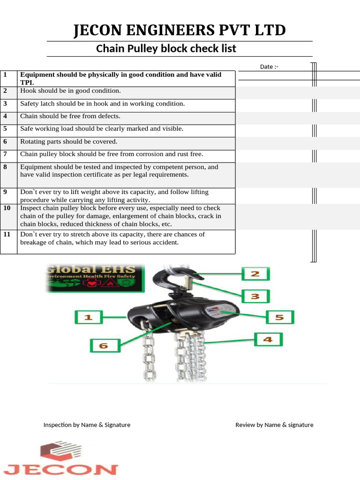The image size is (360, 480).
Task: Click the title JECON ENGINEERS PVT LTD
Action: coord(180,30)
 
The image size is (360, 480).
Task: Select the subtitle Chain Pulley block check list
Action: coord(166,48)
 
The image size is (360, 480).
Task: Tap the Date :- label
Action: coord(269,67)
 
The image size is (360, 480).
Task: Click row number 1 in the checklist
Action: coord(5,75)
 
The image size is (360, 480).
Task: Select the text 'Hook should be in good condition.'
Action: coord(70,91)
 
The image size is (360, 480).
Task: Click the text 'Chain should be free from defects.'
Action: coord(70,116)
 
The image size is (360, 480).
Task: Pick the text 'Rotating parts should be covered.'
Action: coord(69,142)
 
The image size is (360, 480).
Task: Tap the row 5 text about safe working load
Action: coord(102,129)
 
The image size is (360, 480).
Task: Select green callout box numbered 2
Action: coord(255,274)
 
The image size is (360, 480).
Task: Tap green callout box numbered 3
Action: coord(255,296)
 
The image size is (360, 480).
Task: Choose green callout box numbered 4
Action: coord(268,339)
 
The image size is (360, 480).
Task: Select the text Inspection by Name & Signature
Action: coord(87,425)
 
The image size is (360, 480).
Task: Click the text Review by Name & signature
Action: coord(274,425)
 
